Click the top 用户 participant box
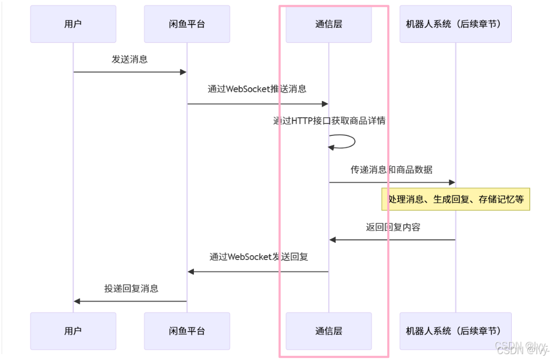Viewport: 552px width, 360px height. (73, 24)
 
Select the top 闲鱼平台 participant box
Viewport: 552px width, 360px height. (187, 24)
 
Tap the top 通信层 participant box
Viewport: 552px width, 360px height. (328, 24)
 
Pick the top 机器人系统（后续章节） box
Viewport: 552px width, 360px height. (455, 24)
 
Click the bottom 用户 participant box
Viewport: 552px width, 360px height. (73, 331)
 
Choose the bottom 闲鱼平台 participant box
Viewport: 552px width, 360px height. (187, 331)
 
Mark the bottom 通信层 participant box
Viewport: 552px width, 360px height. (328, 331)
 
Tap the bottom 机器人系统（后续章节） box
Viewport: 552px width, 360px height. (455, 331)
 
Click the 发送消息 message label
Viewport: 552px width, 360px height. (130, 59)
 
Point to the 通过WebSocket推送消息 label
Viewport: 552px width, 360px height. (257, 89)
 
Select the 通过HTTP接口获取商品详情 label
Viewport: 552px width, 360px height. (329, 121)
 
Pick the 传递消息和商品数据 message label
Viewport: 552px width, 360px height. (391, 170)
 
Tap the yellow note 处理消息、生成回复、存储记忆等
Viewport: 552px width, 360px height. (456, 200)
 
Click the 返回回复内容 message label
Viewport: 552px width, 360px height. (393, 227)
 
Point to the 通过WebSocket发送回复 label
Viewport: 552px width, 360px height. (259, 257)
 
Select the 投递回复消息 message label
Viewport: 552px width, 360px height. (131, 289)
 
